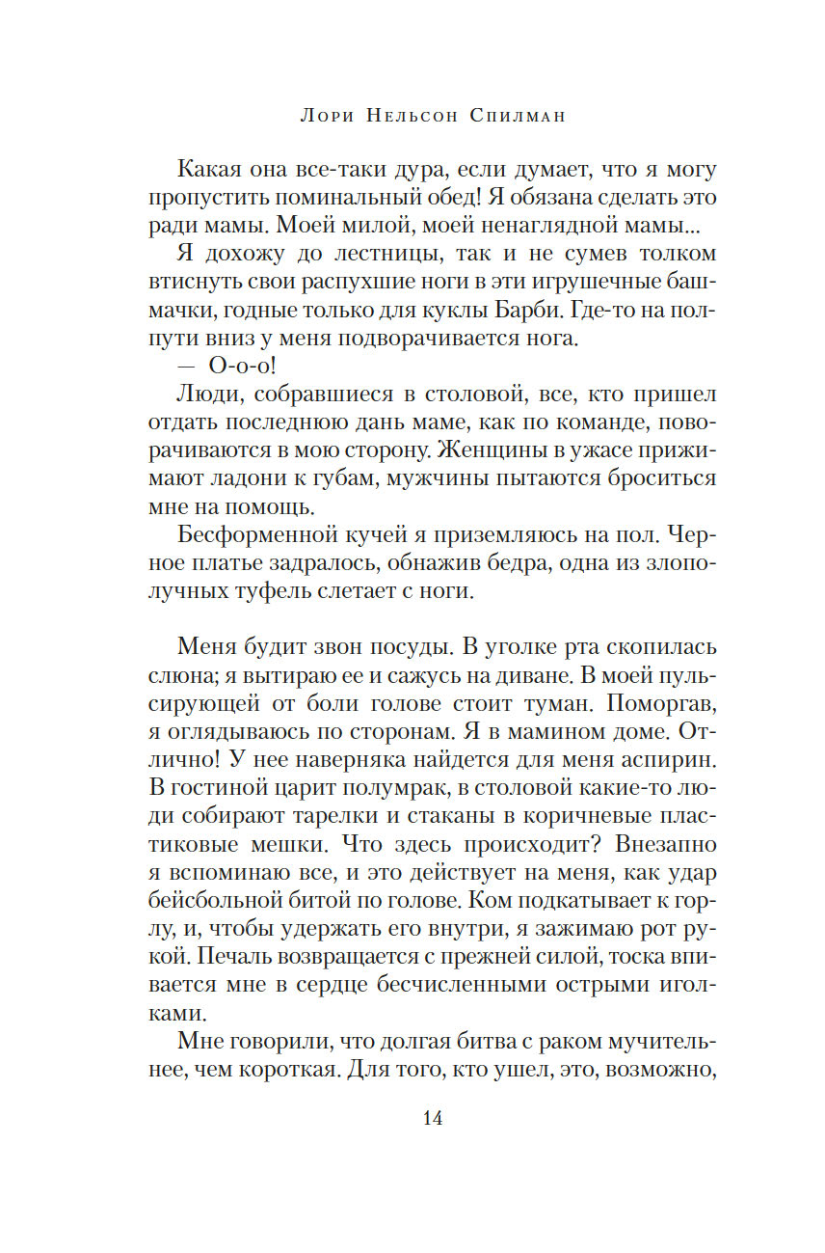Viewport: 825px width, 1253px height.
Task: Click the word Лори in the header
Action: (329, 116)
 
